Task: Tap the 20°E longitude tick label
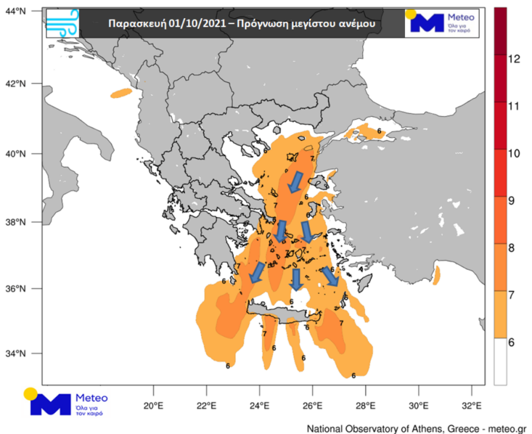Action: [x=154, y=405]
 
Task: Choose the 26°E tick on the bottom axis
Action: [x=313, y=405]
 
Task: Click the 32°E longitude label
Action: [x=471, y=405]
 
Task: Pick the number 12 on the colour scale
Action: [x=514, y=59]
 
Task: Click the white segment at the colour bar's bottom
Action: [x=500, y=361]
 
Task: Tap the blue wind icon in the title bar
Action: [x=62, y=23]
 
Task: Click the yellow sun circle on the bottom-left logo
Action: [x=30, y=394]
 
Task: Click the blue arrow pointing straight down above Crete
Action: [x=296, y=279]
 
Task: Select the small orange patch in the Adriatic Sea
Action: [x=121, y=93]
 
